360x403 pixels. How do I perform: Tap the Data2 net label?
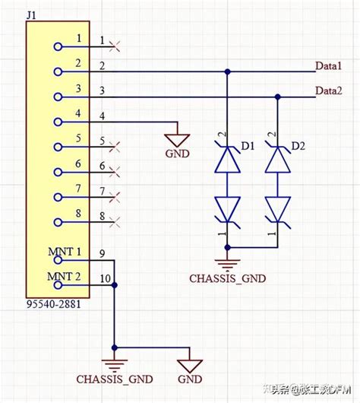point(329,90)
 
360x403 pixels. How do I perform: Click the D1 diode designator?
point(245,144)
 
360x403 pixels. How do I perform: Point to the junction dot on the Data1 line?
point(227,72)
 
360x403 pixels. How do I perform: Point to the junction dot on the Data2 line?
point(277,97)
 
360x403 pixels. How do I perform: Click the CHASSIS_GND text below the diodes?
point(227,278)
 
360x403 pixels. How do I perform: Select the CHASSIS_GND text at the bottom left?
point(114,378)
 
